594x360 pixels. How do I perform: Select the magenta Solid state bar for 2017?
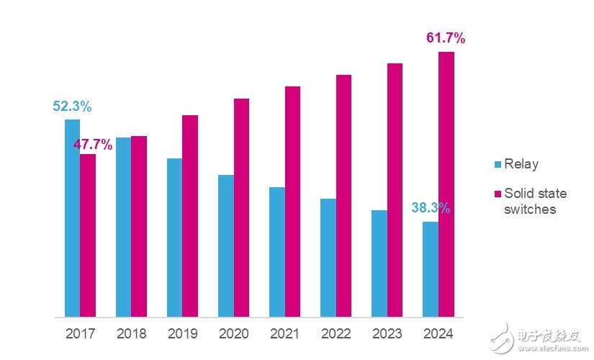(x=88, y=235)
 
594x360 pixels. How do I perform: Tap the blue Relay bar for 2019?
(x=174, y=238)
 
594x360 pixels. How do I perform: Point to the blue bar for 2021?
(x=276, y=252)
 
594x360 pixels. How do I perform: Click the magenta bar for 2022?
(x=343, y=195)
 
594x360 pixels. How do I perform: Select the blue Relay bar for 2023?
(x=379, y=264)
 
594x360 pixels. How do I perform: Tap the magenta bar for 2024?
(x=446, y=184)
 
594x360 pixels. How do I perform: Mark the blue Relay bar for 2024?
(x=431, y=269)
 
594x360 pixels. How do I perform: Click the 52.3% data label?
(x=72, y=107)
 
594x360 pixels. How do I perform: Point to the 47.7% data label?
(x=94, y=145)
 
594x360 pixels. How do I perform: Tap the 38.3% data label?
(x=431, y=208)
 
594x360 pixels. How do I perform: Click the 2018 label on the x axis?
(x=130, y=334)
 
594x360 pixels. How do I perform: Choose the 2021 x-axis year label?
(x=284, y=334)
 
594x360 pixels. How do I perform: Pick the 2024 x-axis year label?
(x=438, y=334)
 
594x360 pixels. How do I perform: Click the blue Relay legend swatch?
(x=497, y=165)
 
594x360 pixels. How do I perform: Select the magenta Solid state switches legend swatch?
(x=497, y=194)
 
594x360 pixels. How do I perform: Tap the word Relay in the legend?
(x=521, y=165)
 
